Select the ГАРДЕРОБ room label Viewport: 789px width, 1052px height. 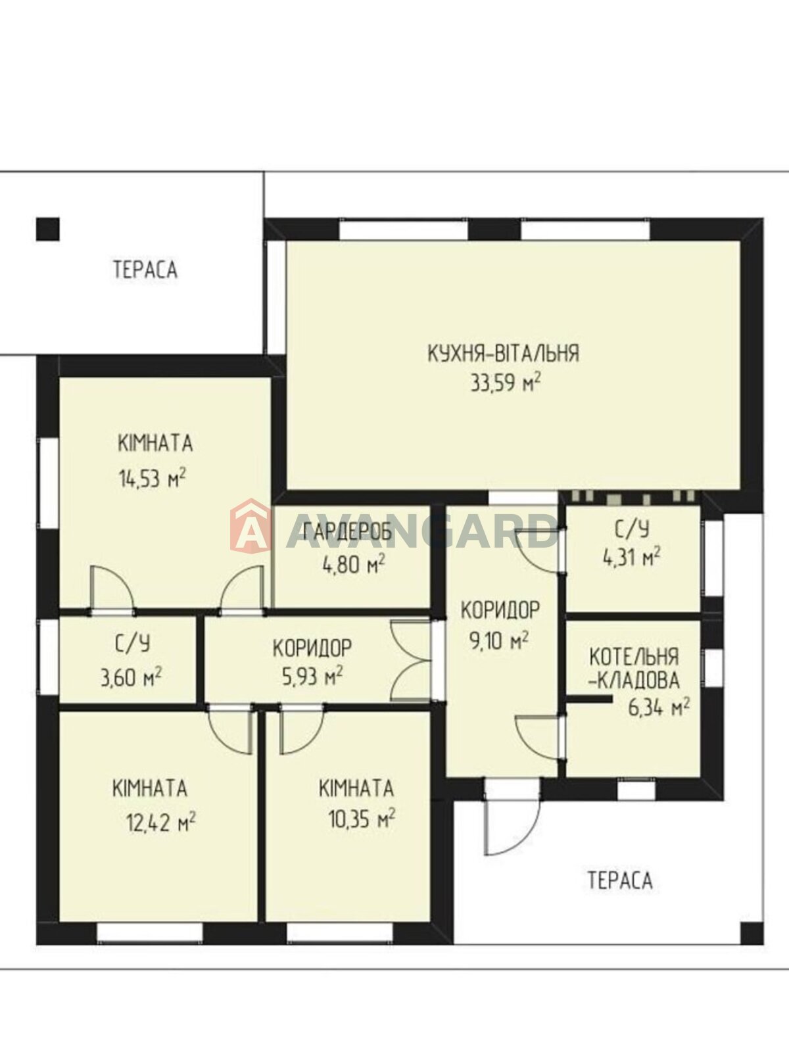[348, 531]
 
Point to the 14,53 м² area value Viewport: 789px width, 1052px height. [153, 478]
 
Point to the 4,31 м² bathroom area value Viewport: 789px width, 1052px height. [632, 558]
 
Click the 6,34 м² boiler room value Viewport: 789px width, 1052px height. [659, 707]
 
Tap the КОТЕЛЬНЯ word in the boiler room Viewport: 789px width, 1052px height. [634, 657]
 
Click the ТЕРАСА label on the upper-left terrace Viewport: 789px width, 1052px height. [145, 270]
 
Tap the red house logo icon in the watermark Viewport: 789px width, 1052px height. [250, 524]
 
